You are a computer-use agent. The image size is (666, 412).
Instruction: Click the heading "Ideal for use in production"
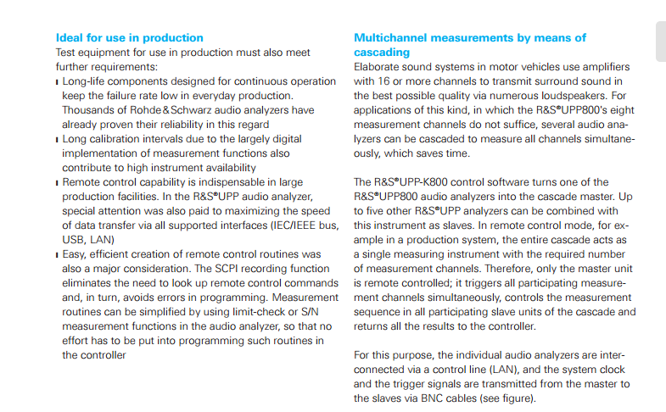129,37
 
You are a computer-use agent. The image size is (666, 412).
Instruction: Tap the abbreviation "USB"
75,239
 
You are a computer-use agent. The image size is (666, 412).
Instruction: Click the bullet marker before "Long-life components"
58,81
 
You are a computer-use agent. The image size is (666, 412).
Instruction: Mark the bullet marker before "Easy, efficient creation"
58,254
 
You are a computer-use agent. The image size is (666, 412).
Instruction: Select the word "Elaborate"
380,66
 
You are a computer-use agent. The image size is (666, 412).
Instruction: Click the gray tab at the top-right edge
660,38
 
